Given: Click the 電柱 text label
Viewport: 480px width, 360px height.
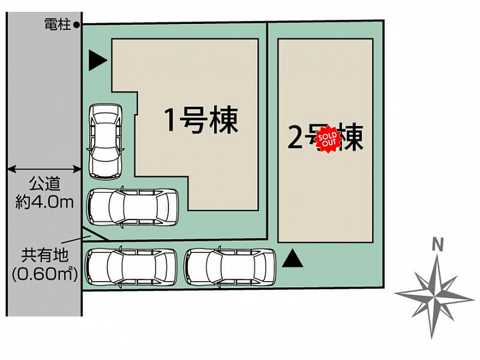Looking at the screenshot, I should point(58,25).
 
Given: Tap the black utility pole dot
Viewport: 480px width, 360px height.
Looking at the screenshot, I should point(77,25).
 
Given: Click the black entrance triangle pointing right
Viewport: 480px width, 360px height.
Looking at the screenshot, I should point(97,60).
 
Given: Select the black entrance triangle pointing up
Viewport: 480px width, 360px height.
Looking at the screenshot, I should point(292,259).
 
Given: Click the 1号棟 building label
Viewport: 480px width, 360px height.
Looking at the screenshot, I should point(201,120).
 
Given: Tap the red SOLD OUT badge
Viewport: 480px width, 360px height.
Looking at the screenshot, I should point(327,139).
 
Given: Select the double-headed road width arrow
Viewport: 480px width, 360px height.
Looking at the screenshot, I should point(44,169).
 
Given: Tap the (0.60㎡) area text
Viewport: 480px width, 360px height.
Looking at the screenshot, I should point(45,273).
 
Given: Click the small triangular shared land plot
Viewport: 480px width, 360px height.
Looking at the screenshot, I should point(92,235).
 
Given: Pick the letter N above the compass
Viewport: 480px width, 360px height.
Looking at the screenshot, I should point(436,245).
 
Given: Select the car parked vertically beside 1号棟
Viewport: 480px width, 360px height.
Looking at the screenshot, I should point(105,140).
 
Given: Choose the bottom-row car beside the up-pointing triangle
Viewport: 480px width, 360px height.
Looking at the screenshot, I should point(230,267).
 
